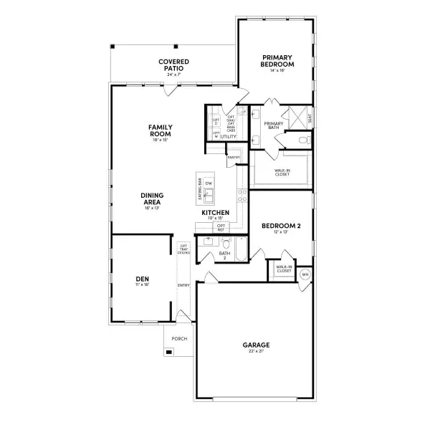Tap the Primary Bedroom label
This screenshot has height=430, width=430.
pyautogui.click(x=277, y=60)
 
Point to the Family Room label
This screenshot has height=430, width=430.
pyautogui.click(x=160, y=131)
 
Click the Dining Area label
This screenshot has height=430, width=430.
pyautogui.click(x=152, y=199)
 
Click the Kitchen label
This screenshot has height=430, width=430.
pyautogui.click(x=215, y=213)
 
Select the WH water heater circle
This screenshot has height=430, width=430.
pyautogui.click(x=305, y=274)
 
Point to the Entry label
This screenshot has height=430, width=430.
pyautogui.click(x=183, y=285)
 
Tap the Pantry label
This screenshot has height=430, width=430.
pyautogui.click(x=233, y=157)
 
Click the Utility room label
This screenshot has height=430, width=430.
pyautogui.click(x=229, y=136)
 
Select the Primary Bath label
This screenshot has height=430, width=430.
pyautogui.click(x=274, y=125)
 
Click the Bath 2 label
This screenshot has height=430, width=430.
pyautogui.click(x=224, y=255)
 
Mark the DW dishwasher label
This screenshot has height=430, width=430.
pyautogui.click(x=209, y=184)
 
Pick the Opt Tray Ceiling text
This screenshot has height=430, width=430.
pyautogui.click(x=184, y=249)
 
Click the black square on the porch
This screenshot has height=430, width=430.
pyautogui.click(x=169, y=351)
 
